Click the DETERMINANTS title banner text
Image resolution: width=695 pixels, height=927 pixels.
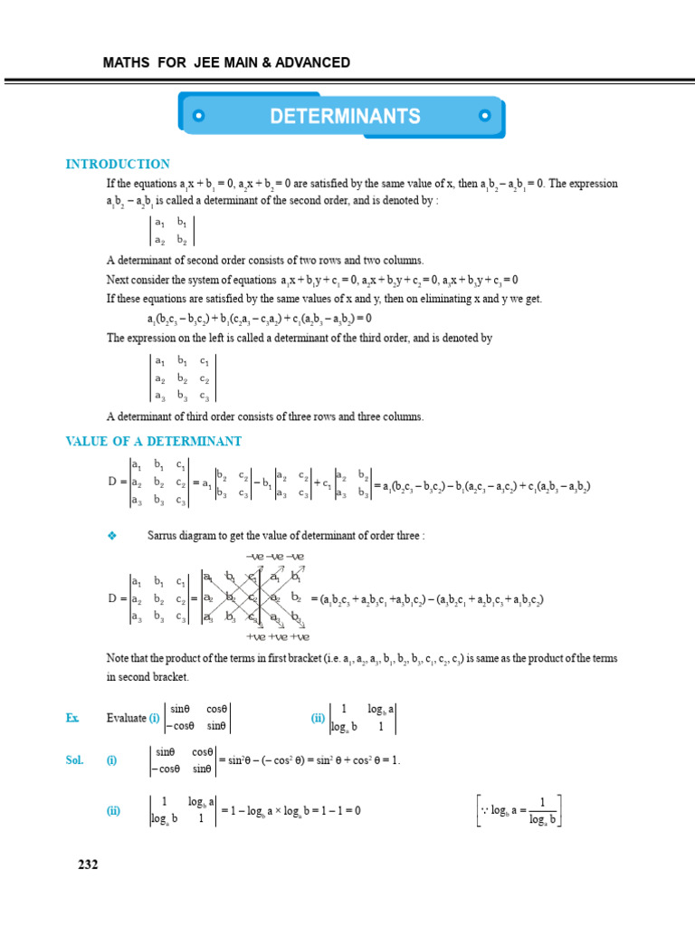coord(345,116)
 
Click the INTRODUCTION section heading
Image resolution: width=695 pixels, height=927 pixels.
coord(118,164)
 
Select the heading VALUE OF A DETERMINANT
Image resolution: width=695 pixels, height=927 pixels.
coord(154,441)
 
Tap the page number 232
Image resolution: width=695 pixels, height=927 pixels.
coord(88,865)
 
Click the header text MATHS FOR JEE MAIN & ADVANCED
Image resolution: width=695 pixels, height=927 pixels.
coord(226,62)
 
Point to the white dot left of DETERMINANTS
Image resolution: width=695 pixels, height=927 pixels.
coord(199,116)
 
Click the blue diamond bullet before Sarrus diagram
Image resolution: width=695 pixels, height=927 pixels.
coord(112,536)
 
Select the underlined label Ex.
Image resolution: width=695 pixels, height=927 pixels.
coord(72,718)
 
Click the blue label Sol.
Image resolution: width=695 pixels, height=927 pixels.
coord(74,760)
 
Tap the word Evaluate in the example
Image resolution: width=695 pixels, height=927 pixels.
coord(126,718)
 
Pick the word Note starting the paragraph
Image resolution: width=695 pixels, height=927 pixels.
coord(119,658)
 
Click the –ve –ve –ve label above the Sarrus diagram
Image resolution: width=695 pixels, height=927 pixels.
coord(275,556)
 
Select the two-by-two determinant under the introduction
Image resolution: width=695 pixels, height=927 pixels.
coord(171,231)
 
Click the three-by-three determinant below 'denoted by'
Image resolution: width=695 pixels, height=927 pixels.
coord(183,377)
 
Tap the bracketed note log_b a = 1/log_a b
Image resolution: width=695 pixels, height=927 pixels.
coord(519,810)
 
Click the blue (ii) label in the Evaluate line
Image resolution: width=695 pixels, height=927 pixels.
coord(318,718)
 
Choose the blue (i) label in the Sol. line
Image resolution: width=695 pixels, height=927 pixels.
coord(111,760)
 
